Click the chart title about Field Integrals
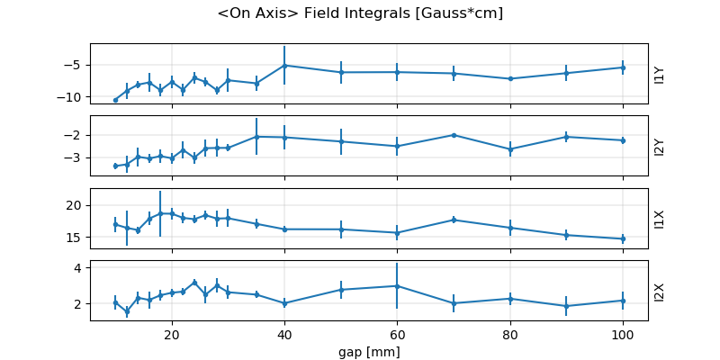pos(360,13)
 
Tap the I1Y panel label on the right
pos(660,74)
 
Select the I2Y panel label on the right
pos(660,146)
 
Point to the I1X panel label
pos(660,219)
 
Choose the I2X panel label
pos(660,291)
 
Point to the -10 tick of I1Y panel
pos(74,97)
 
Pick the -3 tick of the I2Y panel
pos(76,157)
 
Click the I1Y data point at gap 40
pos(284,65)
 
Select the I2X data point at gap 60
pos(397,286)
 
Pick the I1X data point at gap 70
pos(454,220)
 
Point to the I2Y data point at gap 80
pos(510,149)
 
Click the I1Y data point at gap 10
pos(115,100)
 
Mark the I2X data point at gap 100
pos(623,301)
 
